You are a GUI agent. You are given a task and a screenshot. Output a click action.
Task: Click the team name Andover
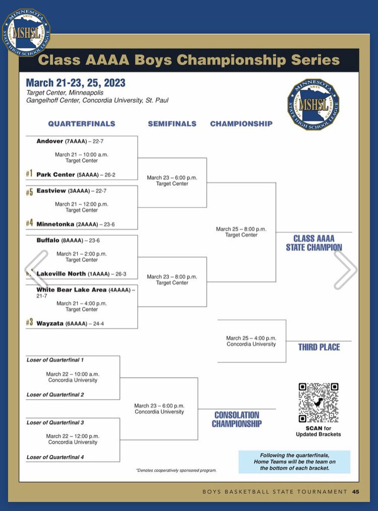pos(50,141)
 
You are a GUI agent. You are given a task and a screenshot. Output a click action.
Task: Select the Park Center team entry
pos(55,175)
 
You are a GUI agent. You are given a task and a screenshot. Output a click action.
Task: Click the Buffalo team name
pos(49,241)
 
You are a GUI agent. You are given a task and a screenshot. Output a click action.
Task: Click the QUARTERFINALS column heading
pos(82,124)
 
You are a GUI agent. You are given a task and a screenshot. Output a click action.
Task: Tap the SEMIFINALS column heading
pos(172,124)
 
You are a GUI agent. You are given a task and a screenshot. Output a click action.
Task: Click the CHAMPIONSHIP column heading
pos(241,124)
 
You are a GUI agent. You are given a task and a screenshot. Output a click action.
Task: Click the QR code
pos(318,403)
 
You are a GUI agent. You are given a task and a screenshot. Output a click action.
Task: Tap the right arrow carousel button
pos(345,270)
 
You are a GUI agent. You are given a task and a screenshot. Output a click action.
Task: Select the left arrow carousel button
pos(37,270)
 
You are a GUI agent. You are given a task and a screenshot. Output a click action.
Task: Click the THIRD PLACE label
pos(319,347)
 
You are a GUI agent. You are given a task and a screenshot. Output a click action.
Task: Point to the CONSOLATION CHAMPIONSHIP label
pos(236,419)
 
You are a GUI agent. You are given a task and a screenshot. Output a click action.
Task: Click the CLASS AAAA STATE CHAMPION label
pos(314,243)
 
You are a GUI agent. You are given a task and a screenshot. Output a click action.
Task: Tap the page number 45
pos(356,492)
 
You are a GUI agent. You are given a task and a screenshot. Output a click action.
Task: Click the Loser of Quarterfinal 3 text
pos(55,423)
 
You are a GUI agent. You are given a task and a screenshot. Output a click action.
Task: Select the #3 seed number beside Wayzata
pos(29,323)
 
